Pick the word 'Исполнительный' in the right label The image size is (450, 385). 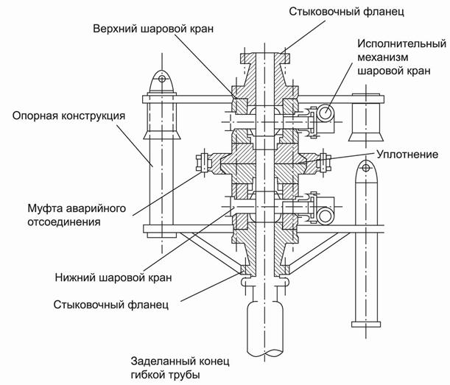click(398, 43)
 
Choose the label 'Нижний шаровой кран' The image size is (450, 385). click(113, 278)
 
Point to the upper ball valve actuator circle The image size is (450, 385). click(325, 113)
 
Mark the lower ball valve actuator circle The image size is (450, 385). click(325, 213)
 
